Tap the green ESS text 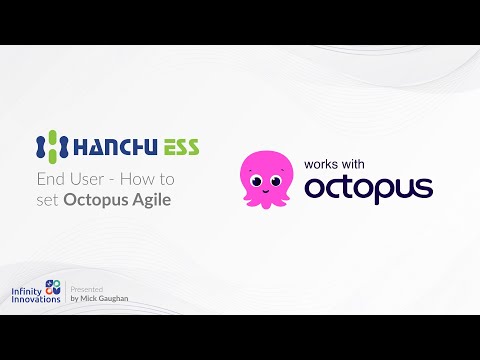coord(181,147)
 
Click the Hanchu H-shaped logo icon coord(52,146)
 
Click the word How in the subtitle coord(136,179)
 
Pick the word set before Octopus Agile coord(47,200)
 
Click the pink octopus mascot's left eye coord(257,181)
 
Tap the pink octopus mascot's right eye coord(276,181)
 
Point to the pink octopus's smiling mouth coord(265,191)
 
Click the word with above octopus coord(352,164)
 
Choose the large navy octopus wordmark coord(369,189)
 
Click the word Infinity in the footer coord(26,291)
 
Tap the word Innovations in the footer coord(36,299)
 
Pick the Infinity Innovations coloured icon coord(53,287)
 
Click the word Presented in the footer coord(87,289)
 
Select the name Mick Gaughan coord(104,298)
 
